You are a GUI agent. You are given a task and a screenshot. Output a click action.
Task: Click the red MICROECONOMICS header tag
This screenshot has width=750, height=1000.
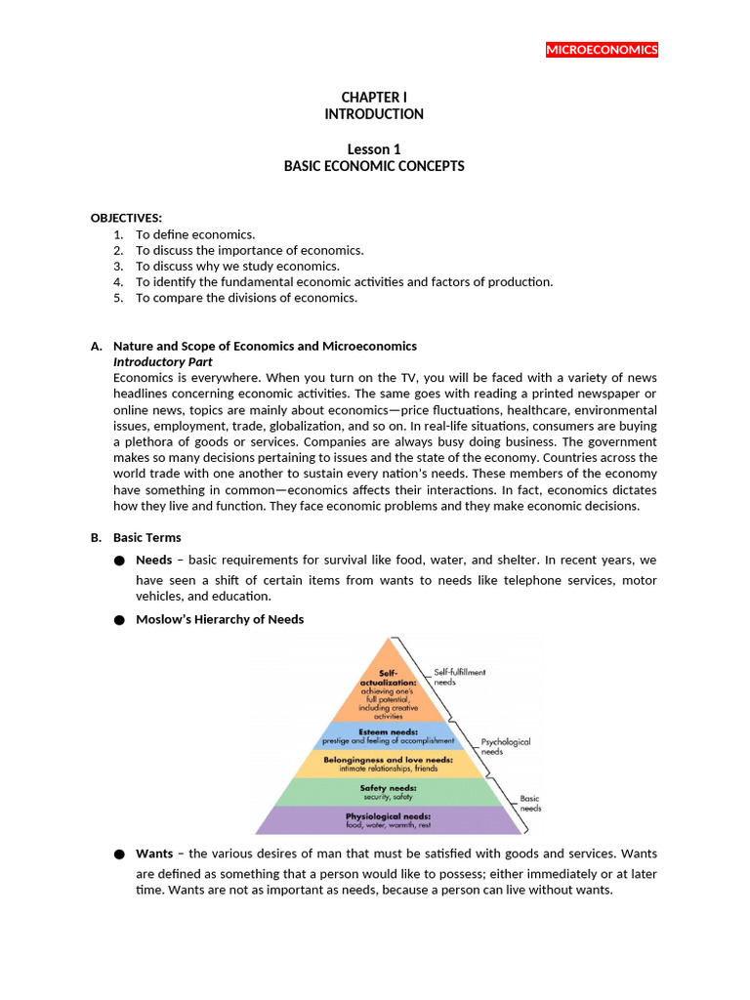coord(602,50)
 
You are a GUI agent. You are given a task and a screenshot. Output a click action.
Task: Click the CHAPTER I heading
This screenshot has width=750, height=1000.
coord(374,98)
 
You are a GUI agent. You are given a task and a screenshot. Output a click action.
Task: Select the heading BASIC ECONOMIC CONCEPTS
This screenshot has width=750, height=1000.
coord(374,166)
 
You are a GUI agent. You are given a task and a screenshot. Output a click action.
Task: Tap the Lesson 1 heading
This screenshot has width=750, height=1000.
coord(374,149)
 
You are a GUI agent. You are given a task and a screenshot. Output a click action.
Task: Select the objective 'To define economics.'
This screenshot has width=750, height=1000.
coord(195,234)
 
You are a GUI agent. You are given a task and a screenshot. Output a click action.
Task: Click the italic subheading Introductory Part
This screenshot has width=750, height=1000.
coord(163,361)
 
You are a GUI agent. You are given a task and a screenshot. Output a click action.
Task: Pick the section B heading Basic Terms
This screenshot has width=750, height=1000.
coord(146,537)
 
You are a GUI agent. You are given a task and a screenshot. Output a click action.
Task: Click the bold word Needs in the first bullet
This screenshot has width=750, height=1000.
coord(154,560)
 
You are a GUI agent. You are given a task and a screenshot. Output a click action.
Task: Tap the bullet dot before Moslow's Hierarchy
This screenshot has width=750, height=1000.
coord(119,620)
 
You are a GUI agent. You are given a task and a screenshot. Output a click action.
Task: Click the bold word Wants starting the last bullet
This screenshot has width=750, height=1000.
coord(154,854)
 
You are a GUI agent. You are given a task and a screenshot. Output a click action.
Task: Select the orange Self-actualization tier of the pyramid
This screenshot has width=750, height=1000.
coord(390,688)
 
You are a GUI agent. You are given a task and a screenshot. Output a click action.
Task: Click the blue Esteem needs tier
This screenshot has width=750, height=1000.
coord(390,735)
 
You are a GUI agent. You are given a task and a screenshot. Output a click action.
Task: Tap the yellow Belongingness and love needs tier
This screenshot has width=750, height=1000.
coord(390,764)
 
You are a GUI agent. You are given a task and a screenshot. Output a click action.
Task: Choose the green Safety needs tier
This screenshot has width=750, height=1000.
coord(390,792)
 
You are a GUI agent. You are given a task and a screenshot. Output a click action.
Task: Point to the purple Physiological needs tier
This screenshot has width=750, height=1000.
coord(390,820)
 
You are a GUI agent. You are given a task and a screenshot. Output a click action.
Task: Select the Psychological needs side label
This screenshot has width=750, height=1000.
coord(505,747)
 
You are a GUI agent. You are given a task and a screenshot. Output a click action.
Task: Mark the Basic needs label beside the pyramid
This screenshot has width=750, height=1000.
coord(530,803)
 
